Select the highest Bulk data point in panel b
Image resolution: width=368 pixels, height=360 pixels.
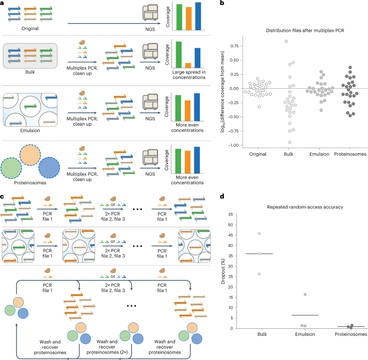point(286,41)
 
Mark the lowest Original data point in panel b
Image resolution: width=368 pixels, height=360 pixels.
point(259,107)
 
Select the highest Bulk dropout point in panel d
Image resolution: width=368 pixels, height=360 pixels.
point(259,234)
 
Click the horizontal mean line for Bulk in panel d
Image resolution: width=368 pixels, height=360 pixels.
point(259,254)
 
